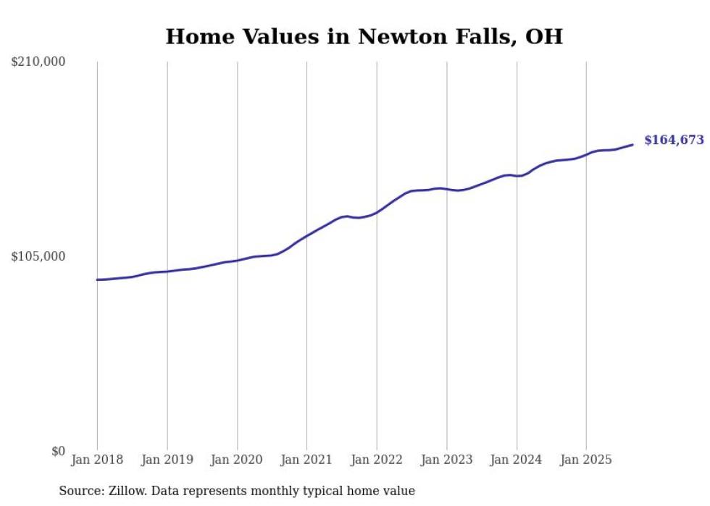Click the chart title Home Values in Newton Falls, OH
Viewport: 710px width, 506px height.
[364, 37]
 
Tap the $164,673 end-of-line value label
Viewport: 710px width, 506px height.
[674, 140]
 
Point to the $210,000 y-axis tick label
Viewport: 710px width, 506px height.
[38, 62]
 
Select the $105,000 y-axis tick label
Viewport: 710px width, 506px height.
[38, 257]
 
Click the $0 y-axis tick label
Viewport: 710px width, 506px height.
[58, 452]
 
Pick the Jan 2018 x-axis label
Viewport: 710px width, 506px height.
[97, 460]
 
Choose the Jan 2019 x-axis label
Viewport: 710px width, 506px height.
[167, 460]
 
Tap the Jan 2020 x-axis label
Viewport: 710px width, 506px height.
[237, 460]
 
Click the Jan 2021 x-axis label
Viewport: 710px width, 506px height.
[306, 460]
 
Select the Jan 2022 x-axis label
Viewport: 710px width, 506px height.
[377, 460]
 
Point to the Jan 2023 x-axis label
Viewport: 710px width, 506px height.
[446, 460]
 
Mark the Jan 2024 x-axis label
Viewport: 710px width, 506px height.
[517, 460]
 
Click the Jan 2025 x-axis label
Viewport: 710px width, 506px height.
[586, 460]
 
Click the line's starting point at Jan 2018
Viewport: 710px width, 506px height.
[97, 279]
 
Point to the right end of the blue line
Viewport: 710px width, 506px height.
[632, 145]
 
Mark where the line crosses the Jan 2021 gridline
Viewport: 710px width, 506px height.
[306, 235]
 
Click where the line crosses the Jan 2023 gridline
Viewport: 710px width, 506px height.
[447, 189]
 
